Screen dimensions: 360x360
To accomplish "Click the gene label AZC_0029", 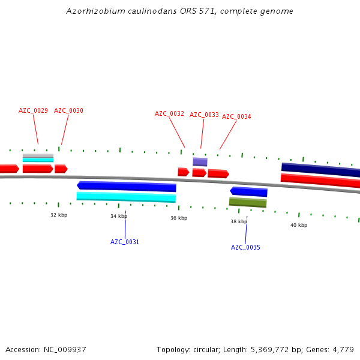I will (x=33, y=110).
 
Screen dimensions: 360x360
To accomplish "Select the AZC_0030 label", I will (x=68, y=110).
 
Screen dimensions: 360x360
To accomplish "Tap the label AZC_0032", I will (x=169, y=113).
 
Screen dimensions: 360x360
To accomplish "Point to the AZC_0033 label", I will (x=204, y=115).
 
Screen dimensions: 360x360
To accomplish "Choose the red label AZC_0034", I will (x=236, y=116).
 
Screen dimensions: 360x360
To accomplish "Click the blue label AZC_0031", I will (x=125, y=242).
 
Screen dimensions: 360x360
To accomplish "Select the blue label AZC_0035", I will (x=245, y=247).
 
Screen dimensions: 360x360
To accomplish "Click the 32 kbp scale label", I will (x=59, y=215).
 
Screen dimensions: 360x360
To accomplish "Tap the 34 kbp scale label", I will (x=119, y=216).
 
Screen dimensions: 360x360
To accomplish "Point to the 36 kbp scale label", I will (x=179, y=218).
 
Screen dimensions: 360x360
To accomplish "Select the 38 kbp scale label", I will (x=239, y=221).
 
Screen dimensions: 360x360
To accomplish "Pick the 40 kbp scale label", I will (x=299, y=225).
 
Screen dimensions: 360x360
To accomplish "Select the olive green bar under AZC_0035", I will (x=248, y=202).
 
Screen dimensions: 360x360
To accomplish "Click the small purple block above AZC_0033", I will (x=200, y=161).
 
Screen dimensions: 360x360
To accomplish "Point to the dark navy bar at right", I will (x=320, y=170).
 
